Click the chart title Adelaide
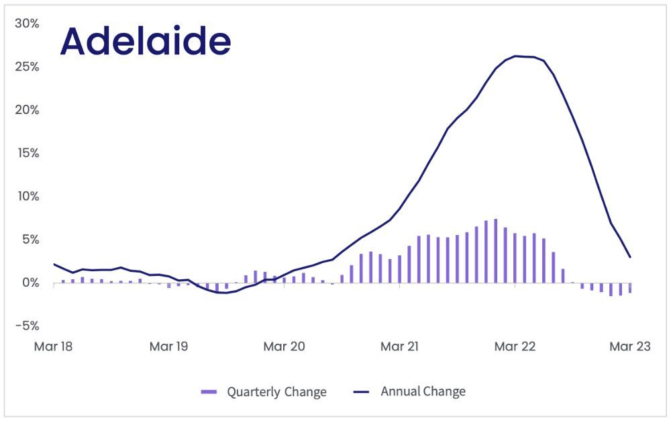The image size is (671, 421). click(x=146, y=42)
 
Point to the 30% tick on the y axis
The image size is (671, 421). click(x=28, y=24)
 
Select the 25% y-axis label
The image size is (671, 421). click(x=28, y=67)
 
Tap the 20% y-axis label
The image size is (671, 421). click(x=28, y=110)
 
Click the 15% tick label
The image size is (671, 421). click(x=28, y=153)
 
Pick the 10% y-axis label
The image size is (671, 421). click(x=28, y=197)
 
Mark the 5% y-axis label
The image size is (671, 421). click(x=30, y=240)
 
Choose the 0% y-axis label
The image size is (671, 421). click(x=30, y=283)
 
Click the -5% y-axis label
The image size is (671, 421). click(x=28, y=326)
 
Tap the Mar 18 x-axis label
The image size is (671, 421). click(x=54, y=346)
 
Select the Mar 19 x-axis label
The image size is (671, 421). click(x=169, y=346)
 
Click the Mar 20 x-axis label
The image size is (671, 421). click(x=285, y=346)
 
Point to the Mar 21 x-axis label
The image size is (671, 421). click(x=400, y=346)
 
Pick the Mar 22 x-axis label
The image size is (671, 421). click(x=515, y=346)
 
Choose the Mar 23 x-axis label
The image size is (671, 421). click(x=629, y=346)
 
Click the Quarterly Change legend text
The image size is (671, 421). click(x=276, y=391)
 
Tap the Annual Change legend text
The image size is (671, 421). click(x=423, y=391)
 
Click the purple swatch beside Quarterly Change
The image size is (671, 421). click(x=209, y=392)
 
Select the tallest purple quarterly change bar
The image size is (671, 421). click(x=496, y=250)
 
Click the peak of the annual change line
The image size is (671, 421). click(x=515, y=56)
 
